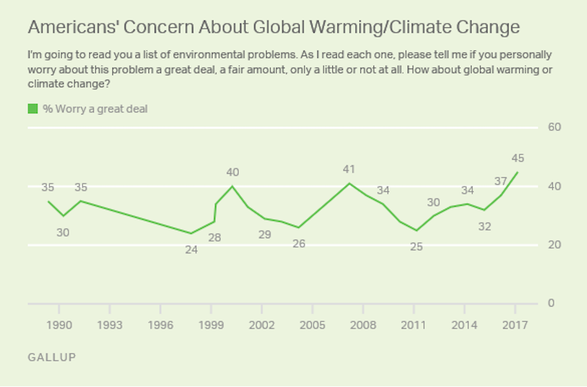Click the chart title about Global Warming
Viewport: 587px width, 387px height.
click(273, 28)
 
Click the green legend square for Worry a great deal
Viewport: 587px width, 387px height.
click(33, 109)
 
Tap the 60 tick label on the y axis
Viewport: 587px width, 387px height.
click(554, 128)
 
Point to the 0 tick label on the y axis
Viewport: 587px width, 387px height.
click(550, 303)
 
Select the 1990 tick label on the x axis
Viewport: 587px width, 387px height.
click(59, 325)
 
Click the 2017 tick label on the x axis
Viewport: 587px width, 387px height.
click(515, 325)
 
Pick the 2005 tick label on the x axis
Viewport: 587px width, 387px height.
click(312, 325)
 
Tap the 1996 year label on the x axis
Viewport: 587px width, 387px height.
click(160, 325)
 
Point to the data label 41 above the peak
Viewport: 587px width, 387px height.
click(349, 169)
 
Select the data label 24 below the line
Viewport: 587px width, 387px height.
click(191, 251)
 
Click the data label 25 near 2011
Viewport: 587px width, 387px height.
click(416, 246)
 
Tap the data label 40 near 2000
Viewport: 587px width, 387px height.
click(232, 172)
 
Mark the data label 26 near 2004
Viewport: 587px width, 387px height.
click(299, 243)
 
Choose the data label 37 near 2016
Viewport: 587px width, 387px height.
click(501, 181)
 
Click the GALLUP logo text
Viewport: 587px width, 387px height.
click(52, 358)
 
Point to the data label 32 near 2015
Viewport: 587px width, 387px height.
click(485, 226)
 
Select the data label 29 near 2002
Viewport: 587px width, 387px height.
click(265, 235)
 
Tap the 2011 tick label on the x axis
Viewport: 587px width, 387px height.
click(414, 325)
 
